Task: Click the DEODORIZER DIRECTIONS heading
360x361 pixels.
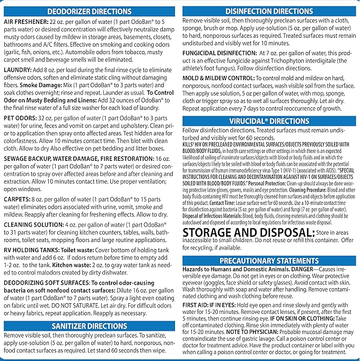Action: point(90,11)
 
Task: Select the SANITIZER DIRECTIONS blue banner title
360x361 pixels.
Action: point(90,326)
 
